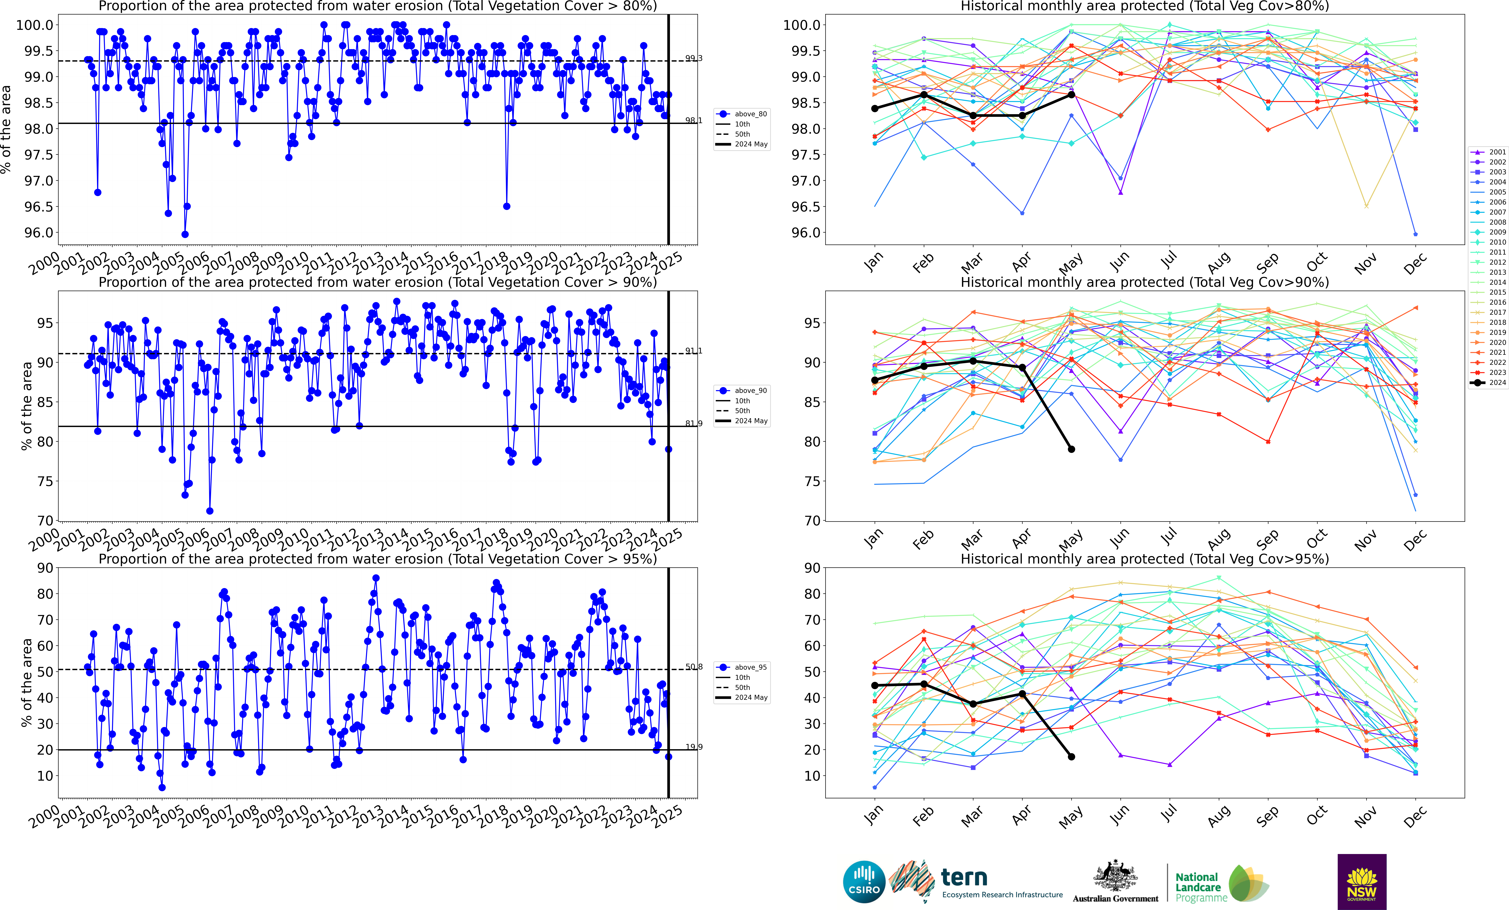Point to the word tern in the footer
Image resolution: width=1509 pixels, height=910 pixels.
point(964,878)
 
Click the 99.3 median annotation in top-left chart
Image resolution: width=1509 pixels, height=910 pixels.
point(693,58)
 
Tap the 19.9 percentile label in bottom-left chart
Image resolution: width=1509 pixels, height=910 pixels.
point(693,747)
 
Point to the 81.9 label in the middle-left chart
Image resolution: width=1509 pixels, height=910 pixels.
point(693,423)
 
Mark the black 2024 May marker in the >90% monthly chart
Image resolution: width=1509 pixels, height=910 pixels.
point(1071,449)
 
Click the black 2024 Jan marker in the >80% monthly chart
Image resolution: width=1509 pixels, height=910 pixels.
point(874,108)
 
